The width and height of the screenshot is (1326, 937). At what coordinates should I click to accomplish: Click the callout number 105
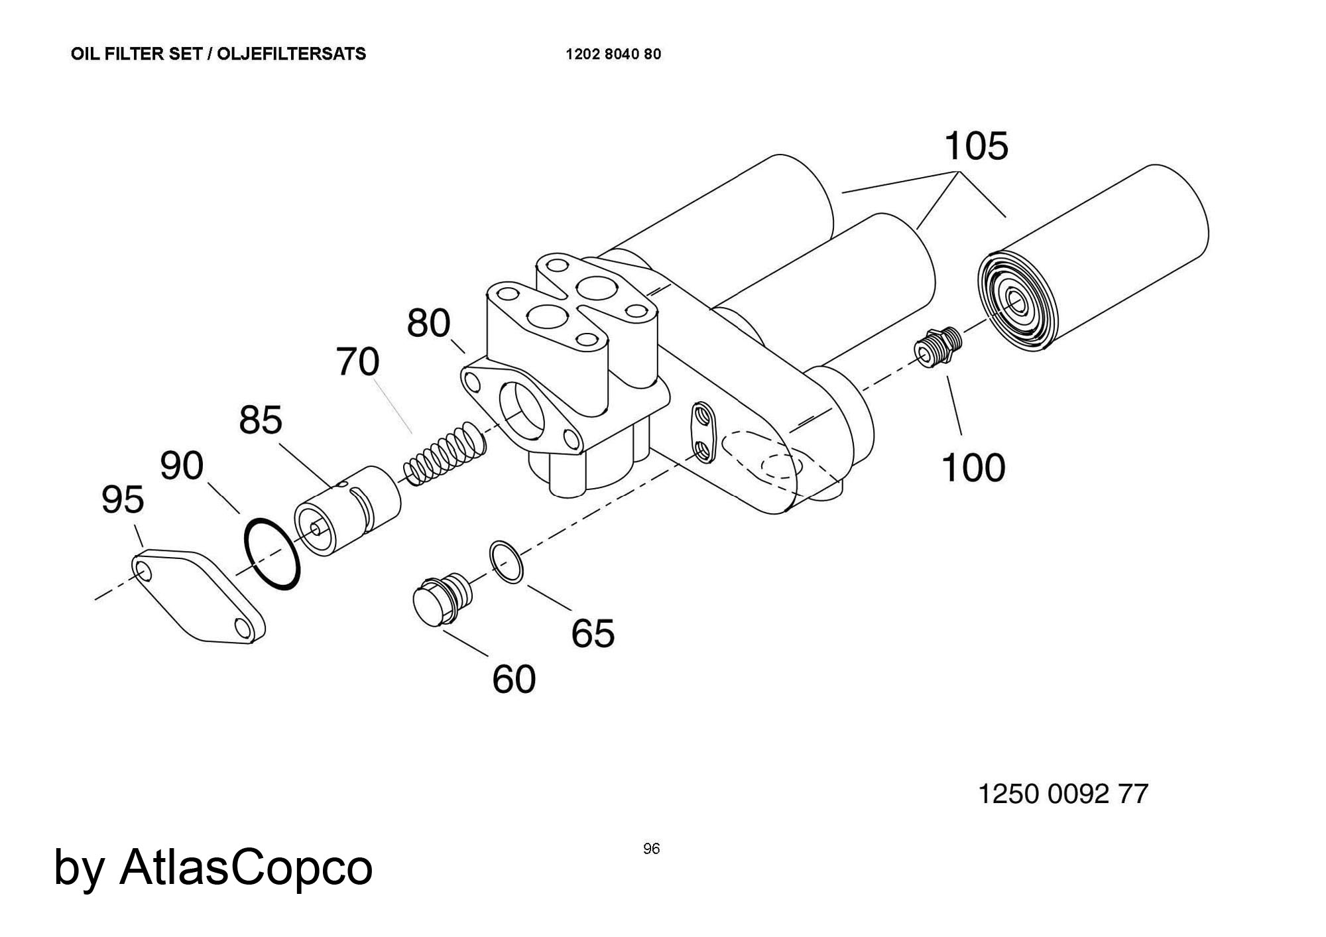click(x=976, y=147)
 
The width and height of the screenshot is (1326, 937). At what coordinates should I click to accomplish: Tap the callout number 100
click(x=973, y=468)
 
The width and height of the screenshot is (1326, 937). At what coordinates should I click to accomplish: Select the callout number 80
click(x=428, y=324)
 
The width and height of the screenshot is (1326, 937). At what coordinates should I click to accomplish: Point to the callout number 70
click(x=358, y=362)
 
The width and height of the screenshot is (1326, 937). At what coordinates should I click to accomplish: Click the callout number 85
click(x=261, y=420)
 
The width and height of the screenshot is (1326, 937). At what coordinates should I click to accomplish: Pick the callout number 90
click(x=182, y=466)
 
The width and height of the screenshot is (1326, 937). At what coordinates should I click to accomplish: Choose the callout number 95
click(x=123, y=500)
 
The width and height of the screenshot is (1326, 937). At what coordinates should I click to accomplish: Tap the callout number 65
click(x=593, y=633)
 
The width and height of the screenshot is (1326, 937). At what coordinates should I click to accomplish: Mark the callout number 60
click(x=514, y=680)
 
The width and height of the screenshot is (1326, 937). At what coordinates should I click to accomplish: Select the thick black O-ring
click(x=272, y=554)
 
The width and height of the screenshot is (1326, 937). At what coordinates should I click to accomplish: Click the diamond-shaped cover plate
click(x=199, y=595)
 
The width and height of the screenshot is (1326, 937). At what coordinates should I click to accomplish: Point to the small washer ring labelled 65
click(x=507, y=562)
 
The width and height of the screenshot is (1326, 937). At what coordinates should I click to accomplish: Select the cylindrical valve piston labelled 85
click(x=347, y=511)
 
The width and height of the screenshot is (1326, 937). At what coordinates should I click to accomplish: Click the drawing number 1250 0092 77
click(x=1063, y=794)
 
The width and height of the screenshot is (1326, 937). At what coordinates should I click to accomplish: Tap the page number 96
click(x=651, y=849)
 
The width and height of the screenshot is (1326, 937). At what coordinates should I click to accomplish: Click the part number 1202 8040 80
click(x=613, y=54)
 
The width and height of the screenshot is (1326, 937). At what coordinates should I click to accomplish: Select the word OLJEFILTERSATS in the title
click(x=292, y=54)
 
